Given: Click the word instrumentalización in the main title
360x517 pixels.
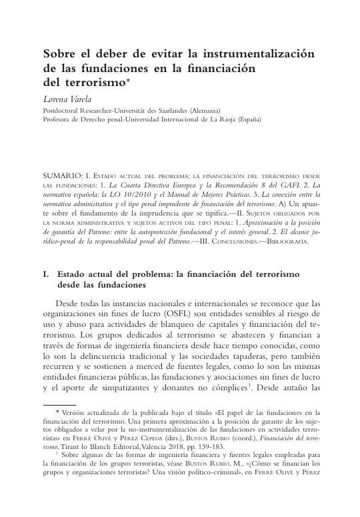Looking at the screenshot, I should [258, 53].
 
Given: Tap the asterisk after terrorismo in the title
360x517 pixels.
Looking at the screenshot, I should [117, 81].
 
